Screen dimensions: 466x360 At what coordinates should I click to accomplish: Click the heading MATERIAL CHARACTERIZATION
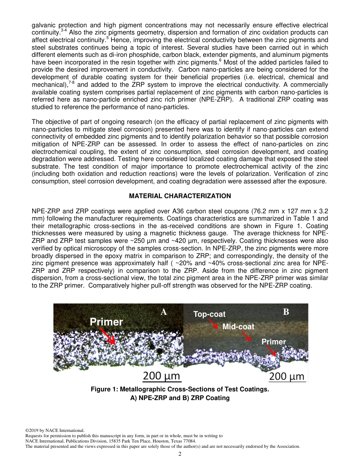tap(180, 196)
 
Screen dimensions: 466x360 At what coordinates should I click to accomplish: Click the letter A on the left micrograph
tap(163, 312)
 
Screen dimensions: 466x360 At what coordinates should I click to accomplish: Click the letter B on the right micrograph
tap(286, 312)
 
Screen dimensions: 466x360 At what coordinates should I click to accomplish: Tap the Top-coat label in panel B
tap(209, 314)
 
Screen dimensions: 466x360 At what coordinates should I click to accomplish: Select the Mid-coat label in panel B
tap(238, 326)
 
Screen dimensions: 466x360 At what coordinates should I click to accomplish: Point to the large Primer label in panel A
tap(106, 322)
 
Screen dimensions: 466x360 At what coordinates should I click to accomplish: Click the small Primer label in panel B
tap(273, 342)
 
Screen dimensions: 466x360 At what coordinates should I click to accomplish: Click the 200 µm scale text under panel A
tap(162, 376)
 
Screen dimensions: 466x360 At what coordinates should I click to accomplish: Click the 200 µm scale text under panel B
tap(287, 376)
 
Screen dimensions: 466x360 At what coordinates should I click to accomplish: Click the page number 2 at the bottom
tap(180, 454)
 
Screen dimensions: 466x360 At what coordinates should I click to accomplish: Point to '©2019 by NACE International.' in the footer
tap(55, 430)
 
